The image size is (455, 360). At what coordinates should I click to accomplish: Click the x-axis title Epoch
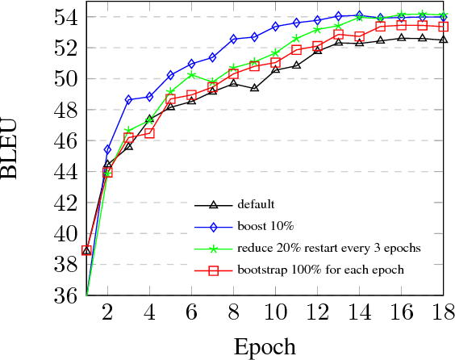pyautogui.click(x=265, y=346)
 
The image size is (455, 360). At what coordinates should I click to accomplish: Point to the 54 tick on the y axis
pyautogui.click(x=69, y=17)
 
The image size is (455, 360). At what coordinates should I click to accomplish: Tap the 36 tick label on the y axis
pyautogui.click(x=69, y=296)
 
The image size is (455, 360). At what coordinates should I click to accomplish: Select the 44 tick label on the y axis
pyautogui.click(x=69, y=172)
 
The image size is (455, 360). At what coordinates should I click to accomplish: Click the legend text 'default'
pyautogui.click(x=257, y=204)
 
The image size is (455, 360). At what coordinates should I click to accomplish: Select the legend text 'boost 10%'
pyautogui.click(x=263, y=226)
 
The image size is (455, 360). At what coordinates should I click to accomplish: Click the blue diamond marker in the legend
pyautogui.click(x=213, y=226)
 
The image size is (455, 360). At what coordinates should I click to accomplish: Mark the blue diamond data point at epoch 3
pyautogui.click(x=128, y=100)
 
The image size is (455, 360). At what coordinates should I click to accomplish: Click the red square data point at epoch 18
pyautogui.click(x=443, y=27)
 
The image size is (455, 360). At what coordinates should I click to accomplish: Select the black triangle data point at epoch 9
pyautogui.click(x=254, y=87)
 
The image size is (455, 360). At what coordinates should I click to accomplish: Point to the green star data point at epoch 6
pyautogui.click(x=191, y=75)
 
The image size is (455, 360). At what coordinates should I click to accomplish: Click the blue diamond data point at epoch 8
pyautogui.click(x=233, y=39)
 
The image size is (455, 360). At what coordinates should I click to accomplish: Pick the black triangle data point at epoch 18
pyautogui.click(x=443, y=40)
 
